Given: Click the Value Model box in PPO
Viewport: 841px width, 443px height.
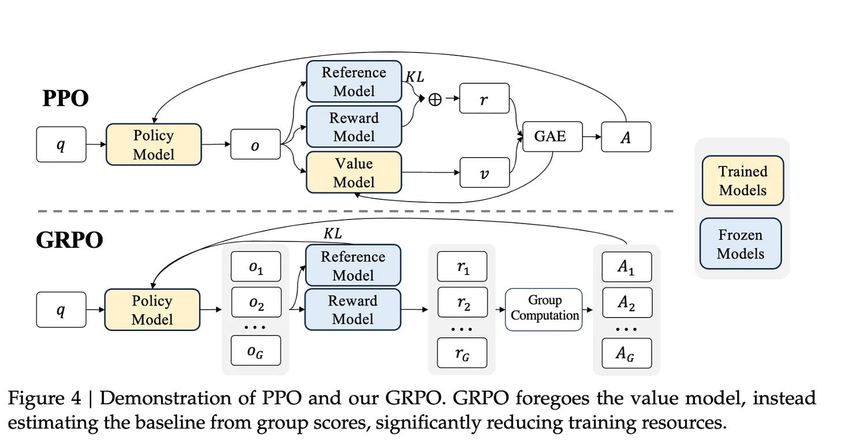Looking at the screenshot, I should point(353,173).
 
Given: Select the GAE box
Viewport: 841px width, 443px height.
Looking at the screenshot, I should point(552,137).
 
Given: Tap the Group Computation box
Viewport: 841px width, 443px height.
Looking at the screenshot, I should point(544,309).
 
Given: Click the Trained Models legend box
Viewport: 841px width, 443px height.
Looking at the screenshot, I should point(743,180).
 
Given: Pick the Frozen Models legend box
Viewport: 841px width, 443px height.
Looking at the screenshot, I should point(740,244).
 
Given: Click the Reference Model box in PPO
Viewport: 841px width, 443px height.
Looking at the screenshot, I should point(353,81).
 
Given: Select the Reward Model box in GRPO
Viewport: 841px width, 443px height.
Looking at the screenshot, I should point(352,310).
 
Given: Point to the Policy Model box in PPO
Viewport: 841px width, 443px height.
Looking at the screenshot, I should point(153,144).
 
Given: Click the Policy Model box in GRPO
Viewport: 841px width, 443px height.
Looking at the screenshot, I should point(152,310).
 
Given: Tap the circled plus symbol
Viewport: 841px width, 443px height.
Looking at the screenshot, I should point(434,99).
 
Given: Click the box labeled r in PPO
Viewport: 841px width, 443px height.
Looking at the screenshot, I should point(485,98).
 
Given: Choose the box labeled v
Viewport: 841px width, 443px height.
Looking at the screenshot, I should point(485,172).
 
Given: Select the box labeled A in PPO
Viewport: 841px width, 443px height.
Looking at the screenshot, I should point(626,137).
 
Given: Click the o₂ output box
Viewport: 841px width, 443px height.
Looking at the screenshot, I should point(255,303).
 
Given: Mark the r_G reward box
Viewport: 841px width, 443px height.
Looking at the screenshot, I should point(462,352).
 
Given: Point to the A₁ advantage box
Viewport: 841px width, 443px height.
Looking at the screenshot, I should point(627,267).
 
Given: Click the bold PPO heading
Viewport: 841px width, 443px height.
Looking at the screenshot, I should point(66,99).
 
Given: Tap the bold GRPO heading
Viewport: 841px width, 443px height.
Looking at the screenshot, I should point(69,240).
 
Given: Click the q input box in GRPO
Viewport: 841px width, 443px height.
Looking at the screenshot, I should point(61,310).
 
